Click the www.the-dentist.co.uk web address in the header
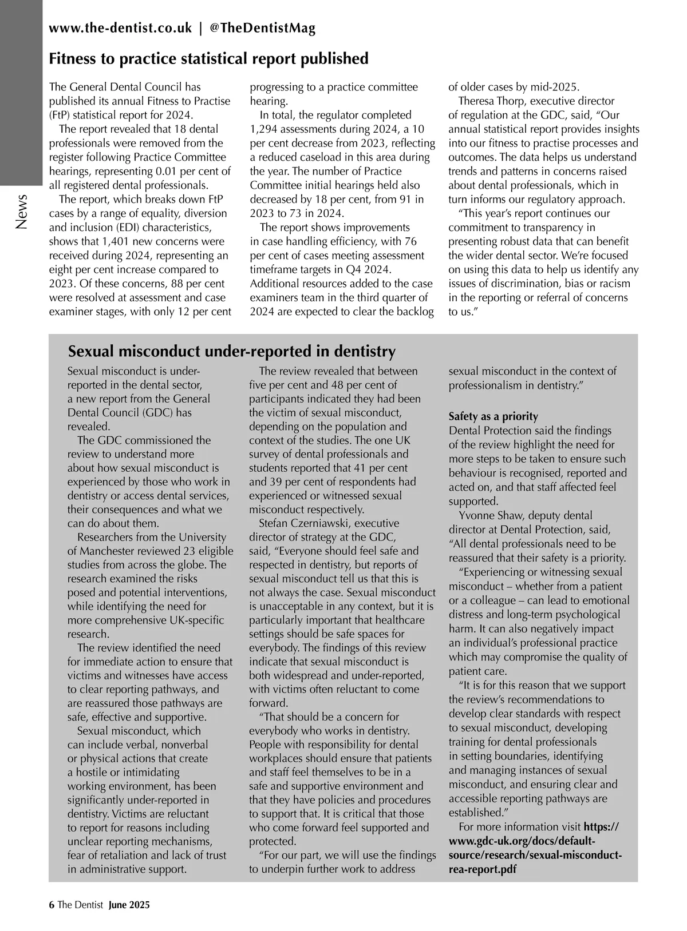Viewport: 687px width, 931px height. pyautogui.click(x=120, y=29)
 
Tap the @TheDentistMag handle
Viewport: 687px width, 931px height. pyautogui.click(x=263, y=29)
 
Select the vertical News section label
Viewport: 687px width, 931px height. pyautogui.click(x=21, y=212)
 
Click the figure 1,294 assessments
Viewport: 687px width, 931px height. pyautogui.click(x=266, y=129)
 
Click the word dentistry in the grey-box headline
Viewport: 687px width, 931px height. pyautogui.click(x=365, y=351)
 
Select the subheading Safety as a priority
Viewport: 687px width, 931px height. pyautogui.click(x=493, y=416)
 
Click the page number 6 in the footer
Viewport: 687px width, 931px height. pyautogui.click(x=52, y=905)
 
